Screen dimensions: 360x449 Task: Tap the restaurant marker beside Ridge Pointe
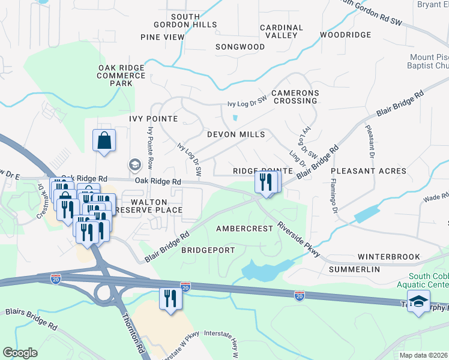point(267,182)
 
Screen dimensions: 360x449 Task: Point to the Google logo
point(20,353)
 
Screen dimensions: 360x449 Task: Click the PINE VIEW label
point(162,37)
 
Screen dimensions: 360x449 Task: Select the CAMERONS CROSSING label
point(295,97)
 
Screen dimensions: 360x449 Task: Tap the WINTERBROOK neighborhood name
point(389,257)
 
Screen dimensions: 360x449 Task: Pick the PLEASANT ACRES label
point(368,171)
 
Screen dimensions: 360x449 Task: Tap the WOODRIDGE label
point(345,35)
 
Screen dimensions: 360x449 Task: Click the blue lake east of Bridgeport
point(264,269)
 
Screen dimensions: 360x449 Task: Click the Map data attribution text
point(423,355)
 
